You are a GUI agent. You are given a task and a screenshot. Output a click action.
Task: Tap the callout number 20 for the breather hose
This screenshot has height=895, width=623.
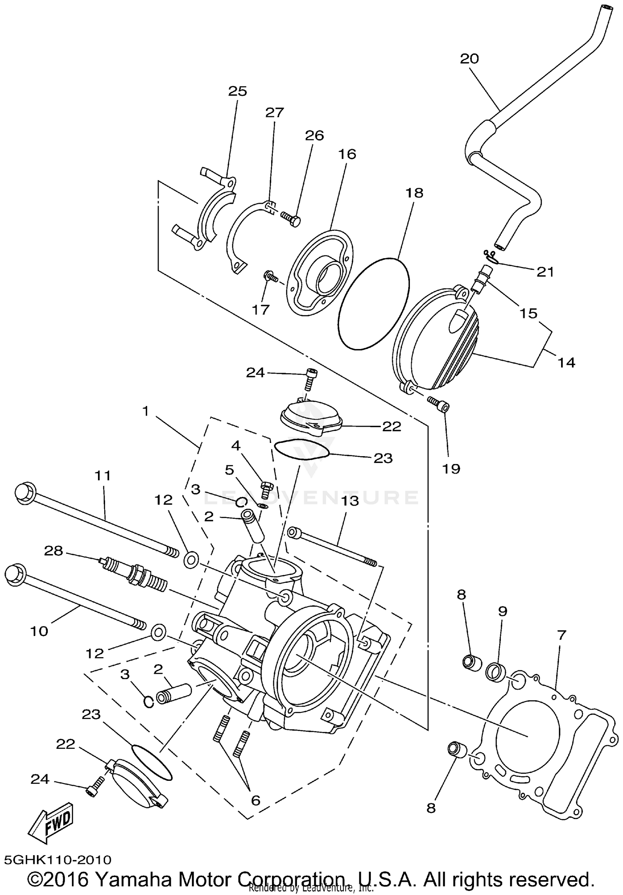click(x=469, y=59)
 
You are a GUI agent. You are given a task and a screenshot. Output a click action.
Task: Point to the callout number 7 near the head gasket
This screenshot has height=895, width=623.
click(x=562, y=635)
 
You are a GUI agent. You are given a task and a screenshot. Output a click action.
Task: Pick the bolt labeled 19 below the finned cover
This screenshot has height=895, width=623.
click(x=438, y=403)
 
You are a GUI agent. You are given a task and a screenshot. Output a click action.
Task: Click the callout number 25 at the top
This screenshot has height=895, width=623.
click(x=238, y=91)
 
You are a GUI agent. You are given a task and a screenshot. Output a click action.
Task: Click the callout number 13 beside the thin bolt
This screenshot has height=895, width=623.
click(x=350, y=501)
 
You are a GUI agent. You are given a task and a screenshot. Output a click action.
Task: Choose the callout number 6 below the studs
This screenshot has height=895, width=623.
click(x=255, y=800)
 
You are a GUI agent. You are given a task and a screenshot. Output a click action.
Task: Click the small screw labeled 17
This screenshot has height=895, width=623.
click(x=270, y=276)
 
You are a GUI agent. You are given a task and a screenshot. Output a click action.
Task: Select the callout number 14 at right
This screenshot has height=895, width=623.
click(x=567, y=362)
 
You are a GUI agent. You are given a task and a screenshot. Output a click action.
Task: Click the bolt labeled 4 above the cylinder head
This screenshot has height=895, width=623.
click(x=266, y=489)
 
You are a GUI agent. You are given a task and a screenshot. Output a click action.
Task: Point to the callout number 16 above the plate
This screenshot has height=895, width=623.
click(x=347, y=154)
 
